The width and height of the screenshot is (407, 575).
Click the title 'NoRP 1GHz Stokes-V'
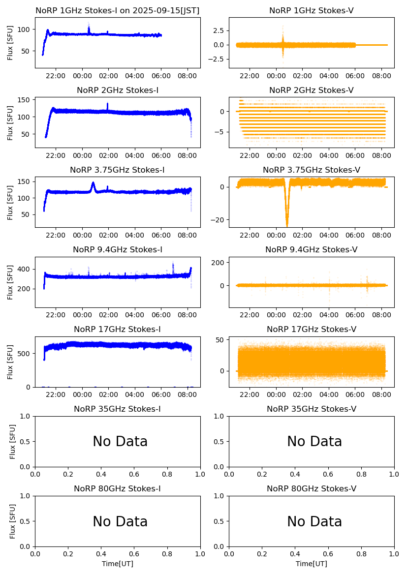(311, 10)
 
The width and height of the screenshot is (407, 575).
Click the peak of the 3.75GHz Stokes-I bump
(93, 183)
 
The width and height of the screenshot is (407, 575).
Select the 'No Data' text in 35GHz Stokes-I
(120, 442)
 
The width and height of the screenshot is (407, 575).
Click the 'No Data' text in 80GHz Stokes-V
(314, 521)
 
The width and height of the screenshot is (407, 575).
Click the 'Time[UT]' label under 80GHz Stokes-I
(118, 564)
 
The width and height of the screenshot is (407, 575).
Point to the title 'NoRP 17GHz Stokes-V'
(311, 330)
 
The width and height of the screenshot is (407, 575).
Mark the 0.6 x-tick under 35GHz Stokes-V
(328, 474)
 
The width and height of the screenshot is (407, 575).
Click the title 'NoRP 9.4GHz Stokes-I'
(118, 250)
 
